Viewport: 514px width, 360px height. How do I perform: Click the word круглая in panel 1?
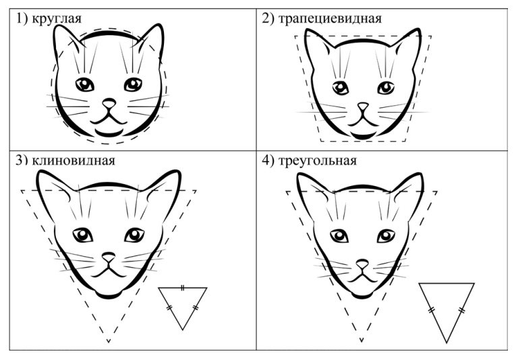click(x=57, y=19)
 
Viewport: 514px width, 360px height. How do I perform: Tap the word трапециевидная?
click(x=330, y=18)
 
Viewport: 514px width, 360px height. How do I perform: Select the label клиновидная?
click(x=74, y=160)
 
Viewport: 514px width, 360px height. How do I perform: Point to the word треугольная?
click(x=317, y=160)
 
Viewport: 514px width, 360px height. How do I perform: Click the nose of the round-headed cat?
click(x=109, y=103)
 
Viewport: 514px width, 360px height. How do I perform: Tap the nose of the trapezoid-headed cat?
click(x=363, y=107)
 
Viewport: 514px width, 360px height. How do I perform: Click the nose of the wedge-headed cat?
click(x=108, y=256)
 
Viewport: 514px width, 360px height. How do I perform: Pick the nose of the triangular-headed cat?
click(x=362, y=264)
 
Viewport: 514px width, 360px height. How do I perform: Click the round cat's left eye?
click(x=85, y=84)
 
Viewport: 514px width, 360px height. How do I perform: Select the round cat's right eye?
click(x=133, y=84)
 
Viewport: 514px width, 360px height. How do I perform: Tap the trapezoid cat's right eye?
click(x=386, y=88)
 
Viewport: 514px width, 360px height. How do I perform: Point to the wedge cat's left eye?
click(x=82, y=235)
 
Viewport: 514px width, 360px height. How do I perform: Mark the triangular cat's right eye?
click(x=386, y=236)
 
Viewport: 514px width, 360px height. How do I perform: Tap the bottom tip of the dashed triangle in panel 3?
click(x=109, y=342)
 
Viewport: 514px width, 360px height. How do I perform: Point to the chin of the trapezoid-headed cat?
click(x=362, y=136)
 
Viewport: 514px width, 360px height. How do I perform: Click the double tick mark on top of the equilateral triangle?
click(x=183, y=288)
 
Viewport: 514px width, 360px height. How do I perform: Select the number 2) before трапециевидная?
click(x=268, y=18)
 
